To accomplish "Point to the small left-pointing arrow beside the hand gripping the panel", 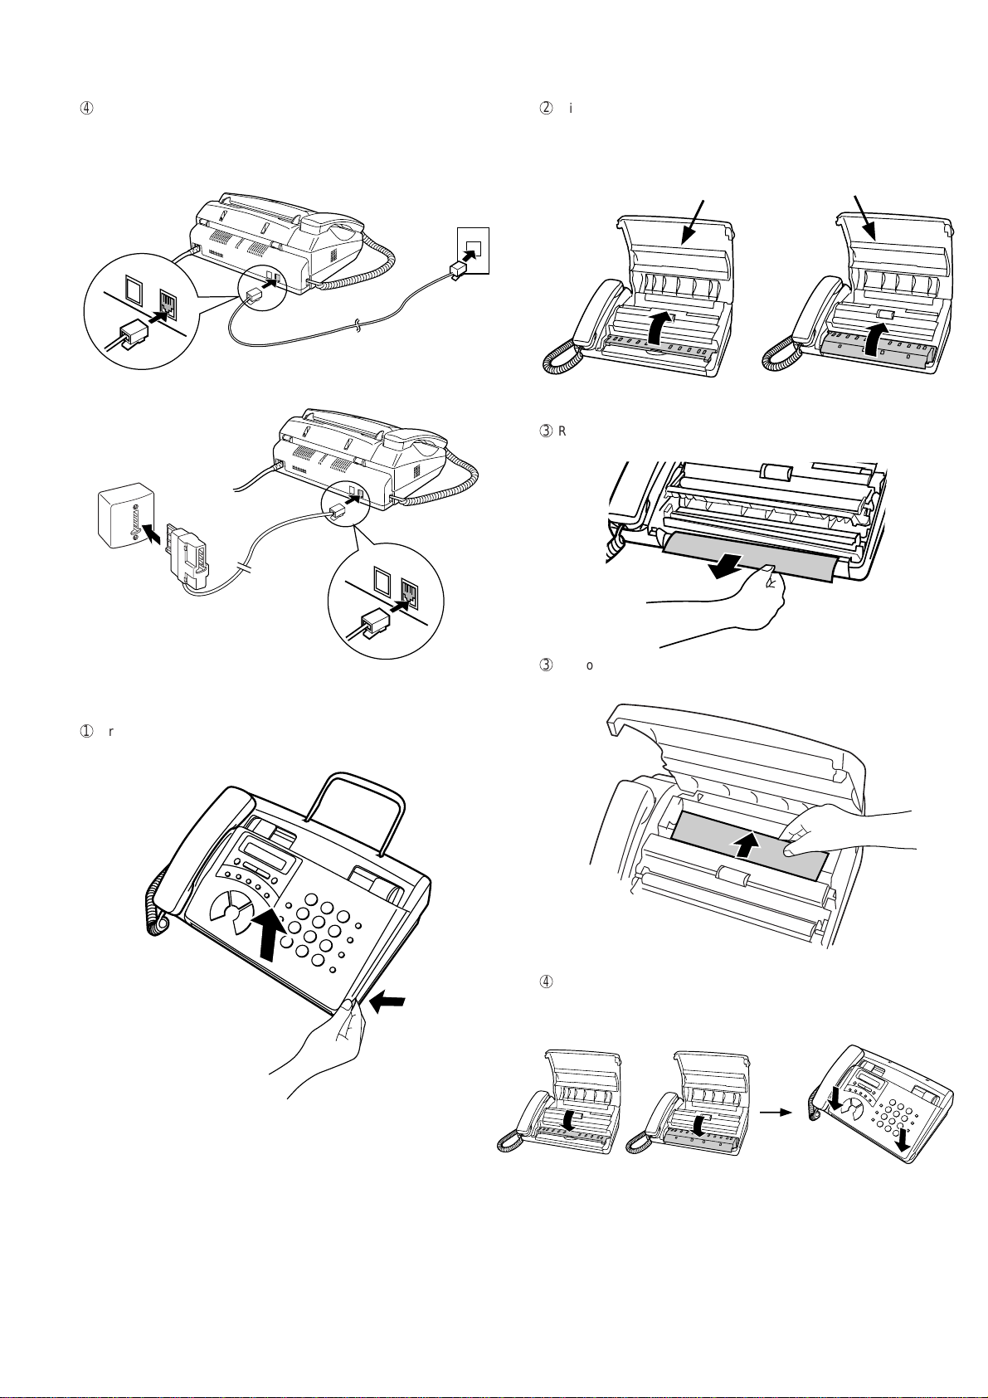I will pyautogui.click(x=388, y=1003).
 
